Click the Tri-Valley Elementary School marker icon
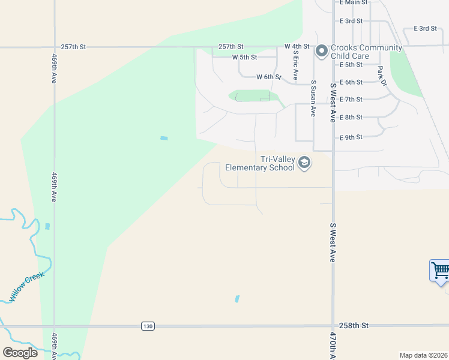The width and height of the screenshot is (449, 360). pyautogui.click(x=304, y=163)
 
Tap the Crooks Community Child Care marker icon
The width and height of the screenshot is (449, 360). pyautogui.click(x=321, y=51)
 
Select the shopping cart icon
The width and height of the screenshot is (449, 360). pyautogui.click(x=440, y=271)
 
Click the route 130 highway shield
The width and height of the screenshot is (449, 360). pyautogui.click(x=148, y=326)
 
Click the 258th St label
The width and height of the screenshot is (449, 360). pyautogui.click(x=353, y=325)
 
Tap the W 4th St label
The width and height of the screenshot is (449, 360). pyautogui.click(x=297, y=46)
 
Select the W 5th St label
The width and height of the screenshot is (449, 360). pyautogui.click(x=244, y=58)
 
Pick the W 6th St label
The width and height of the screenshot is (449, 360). pyautogui.click(x=268, y=77)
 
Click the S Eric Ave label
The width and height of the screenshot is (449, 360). pyautogui.click(x=295, y=65)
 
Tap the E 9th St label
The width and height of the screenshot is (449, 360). pyautogui.click(x=351, y=137)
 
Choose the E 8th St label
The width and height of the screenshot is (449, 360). pyautogui.click(x=351, y=118)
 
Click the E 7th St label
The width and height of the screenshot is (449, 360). pyautogui.click(x=351, y=100)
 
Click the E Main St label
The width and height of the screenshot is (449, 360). pyautogui.click(x=353, y=3)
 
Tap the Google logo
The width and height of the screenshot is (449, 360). pyautogui.click(x=20, y=352)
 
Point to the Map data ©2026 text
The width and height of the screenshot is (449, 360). pyautogui.click(x=423, y=355)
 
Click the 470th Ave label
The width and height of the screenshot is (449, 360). pyautogui.click(x=333, y=344)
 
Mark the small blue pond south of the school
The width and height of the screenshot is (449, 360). pyautogui.click(x=238, y=298)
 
